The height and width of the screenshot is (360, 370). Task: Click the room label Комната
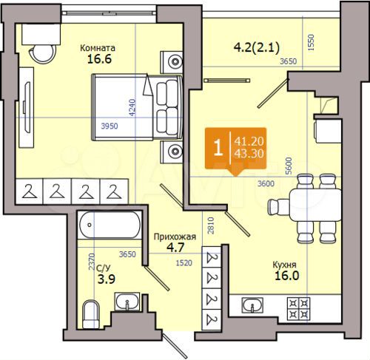point(98,49)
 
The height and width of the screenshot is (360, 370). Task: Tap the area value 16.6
point(98,62)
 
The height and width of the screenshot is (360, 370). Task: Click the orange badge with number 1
point(216,145)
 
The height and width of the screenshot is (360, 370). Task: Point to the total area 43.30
point(250,153)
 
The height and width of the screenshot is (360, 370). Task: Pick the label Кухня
point(283,262)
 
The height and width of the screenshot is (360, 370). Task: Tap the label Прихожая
point(174,237)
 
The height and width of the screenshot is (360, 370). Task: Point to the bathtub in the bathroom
point(109,223)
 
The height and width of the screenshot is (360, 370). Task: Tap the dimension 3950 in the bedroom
point(110,127)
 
